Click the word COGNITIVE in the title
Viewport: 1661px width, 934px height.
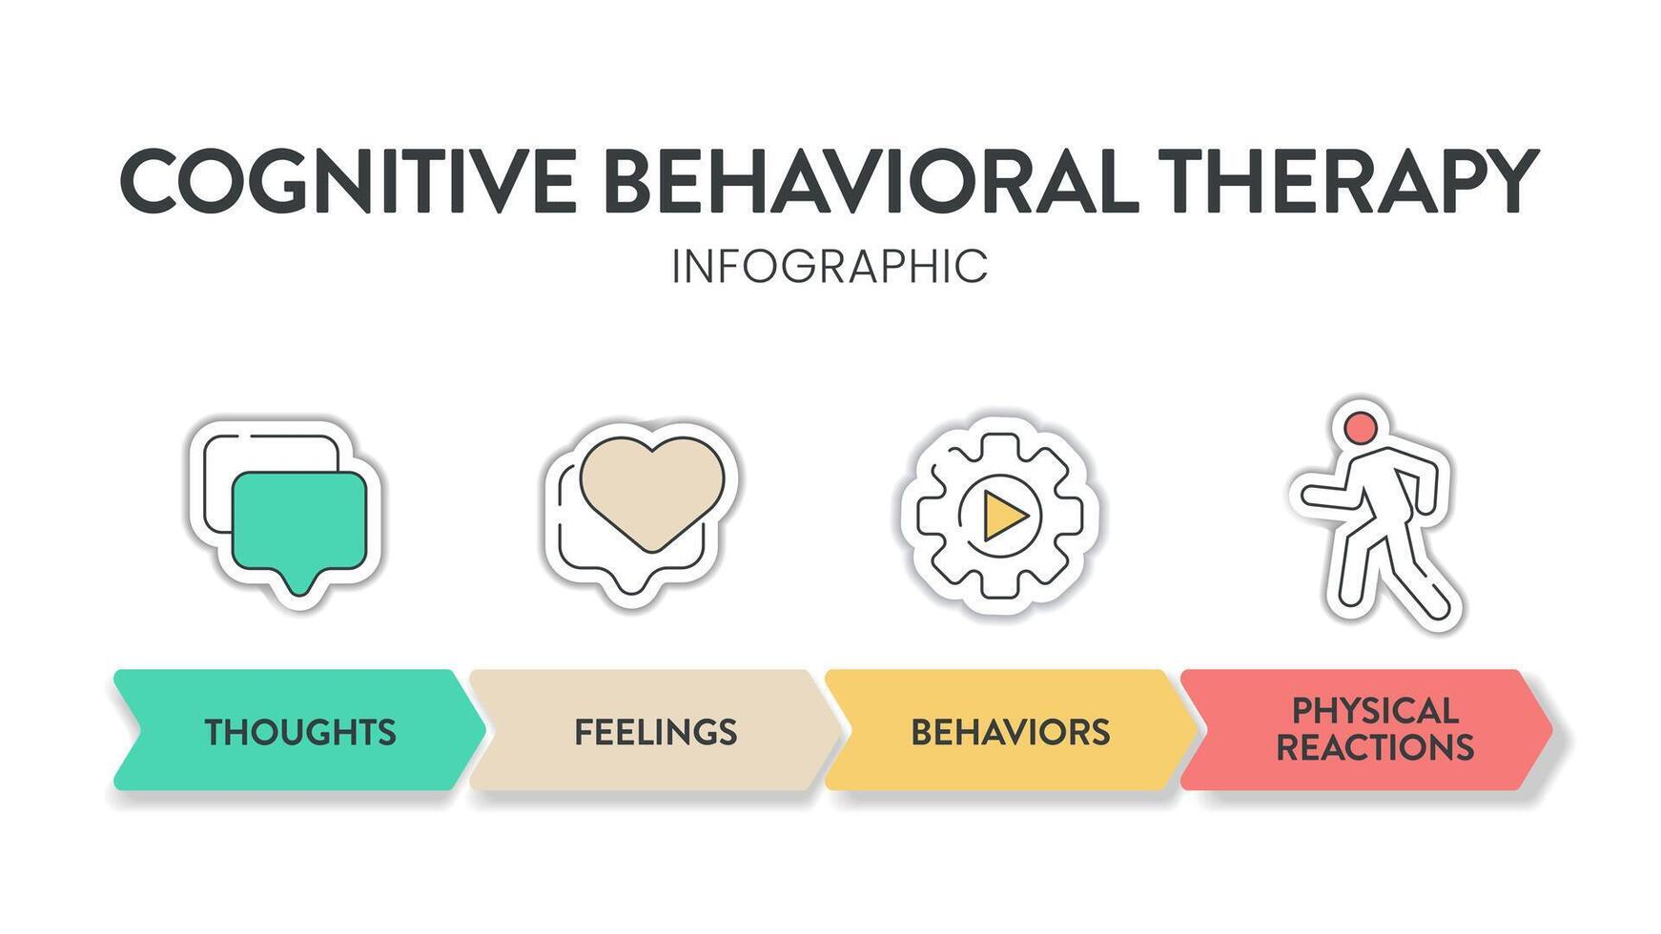click(x=348, y=181)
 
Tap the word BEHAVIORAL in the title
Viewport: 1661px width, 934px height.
click(x=871, y=181)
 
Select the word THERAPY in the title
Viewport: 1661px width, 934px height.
click(x=1347, y=181)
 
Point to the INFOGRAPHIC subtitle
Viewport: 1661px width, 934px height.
click(x=829, y=267)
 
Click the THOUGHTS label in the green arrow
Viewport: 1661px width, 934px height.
click(x=300, y=732)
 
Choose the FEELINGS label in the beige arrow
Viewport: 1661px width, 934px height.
click(x=655, y=732)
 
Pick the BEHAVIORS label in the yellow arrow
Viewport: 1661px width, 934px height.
click(x=1010, y=732)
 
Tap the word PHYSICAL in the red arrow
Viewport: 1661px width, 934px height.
click(x=1374, y=711)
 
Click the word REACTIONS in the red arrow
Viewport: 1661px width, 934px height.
click(x=1374, y=747)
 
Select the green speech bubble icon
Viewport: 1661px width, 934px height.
click(x=298, y=519)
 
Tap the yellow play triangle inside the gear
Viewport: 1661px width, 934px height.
click(x=1003, y=516)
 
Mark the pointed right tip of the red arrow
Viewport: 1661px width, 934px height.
click(x=1549, y=730)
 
